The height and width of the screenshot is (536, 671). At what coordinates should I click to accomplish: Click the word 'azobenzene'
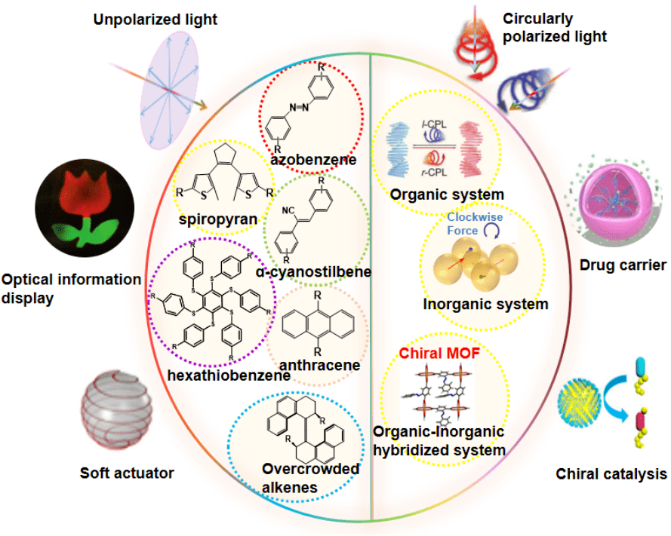[313, 159]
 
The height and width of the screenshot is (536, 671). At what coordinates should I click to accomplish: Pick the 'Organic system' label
[446, 194]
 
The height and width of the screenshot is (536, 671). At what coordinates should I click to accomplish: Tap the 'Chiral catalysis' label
[611, 473]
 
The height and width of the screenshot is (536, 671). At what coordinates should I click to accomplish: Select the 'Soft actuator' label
[127, 473]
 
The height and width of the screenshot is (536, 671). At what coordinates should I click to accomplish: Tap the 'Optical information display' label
[72, 288]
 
